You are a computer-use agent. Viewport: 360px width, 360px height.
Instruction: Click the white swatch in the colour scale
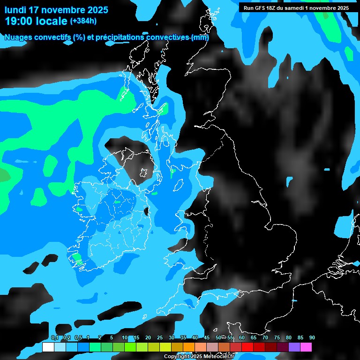(48, 347)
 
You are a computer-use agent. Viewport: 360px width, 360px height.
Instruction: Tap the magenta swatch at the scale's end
(306, 347)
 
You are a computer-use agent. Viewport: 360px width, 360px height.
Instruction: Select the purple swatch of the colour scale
(294, 347)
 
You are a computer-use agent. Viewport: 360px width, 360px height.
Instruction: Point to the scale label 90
(312, 338)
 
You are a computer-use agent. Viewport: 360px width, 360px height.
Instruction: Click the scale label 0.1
(55, 338)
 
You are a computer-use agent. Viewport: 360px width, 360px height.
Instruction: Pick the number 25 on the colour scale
(160, 338)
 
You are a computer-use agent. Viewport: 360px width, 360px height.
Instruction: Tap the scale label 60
(242, 338)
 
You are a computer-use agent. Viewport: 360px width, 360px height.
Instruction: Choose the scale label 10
(125, 338)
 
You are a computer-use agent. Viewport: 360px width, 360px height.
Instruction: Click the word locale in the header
(52, 21)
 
